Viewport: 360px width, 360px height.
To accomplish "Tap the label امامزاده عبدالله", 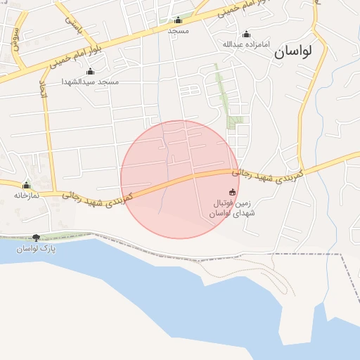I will pyautogui.click(x=246, y=44).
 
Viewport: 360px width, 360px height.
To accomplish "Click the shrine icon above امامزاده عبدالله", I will pyautogui.click(x=246, y=34).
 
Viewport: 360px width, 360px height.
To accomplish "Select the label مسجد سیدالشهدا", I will pyautogui.click(x=91, y=82).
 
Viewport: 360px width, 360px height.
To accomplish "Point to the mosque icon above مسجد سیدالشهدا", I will pyautogui.click(x=90, y=71).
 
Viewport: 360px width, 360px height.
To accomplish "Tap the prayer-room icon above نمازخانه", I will pyautogui.click(x=27, y=186).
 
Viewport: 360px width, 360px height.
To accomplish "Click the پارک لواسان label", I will pyautogui.click(x=37, y=249).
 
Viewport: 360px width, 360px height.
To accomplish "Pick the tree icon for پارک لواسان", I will pyautogui.click(x=37, y=238).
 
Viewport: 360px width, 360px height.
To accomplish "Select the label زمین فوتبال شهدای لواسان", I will pyautogui.click(x=233, y=208).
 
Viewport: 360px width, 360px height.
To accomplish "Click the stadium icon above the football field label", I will pyautogui.click(x=233, y=192).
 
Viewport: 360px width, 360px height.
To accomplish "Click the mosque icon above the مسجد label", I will pyautogui.click(x=178, y=20).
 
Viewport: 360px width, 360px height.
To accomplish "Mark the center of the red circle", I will pyautogui.click(x=180, y=179).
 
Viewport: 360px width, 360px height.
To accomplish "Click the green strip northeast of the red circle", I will pyautogui.click(x=224, y=95).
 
